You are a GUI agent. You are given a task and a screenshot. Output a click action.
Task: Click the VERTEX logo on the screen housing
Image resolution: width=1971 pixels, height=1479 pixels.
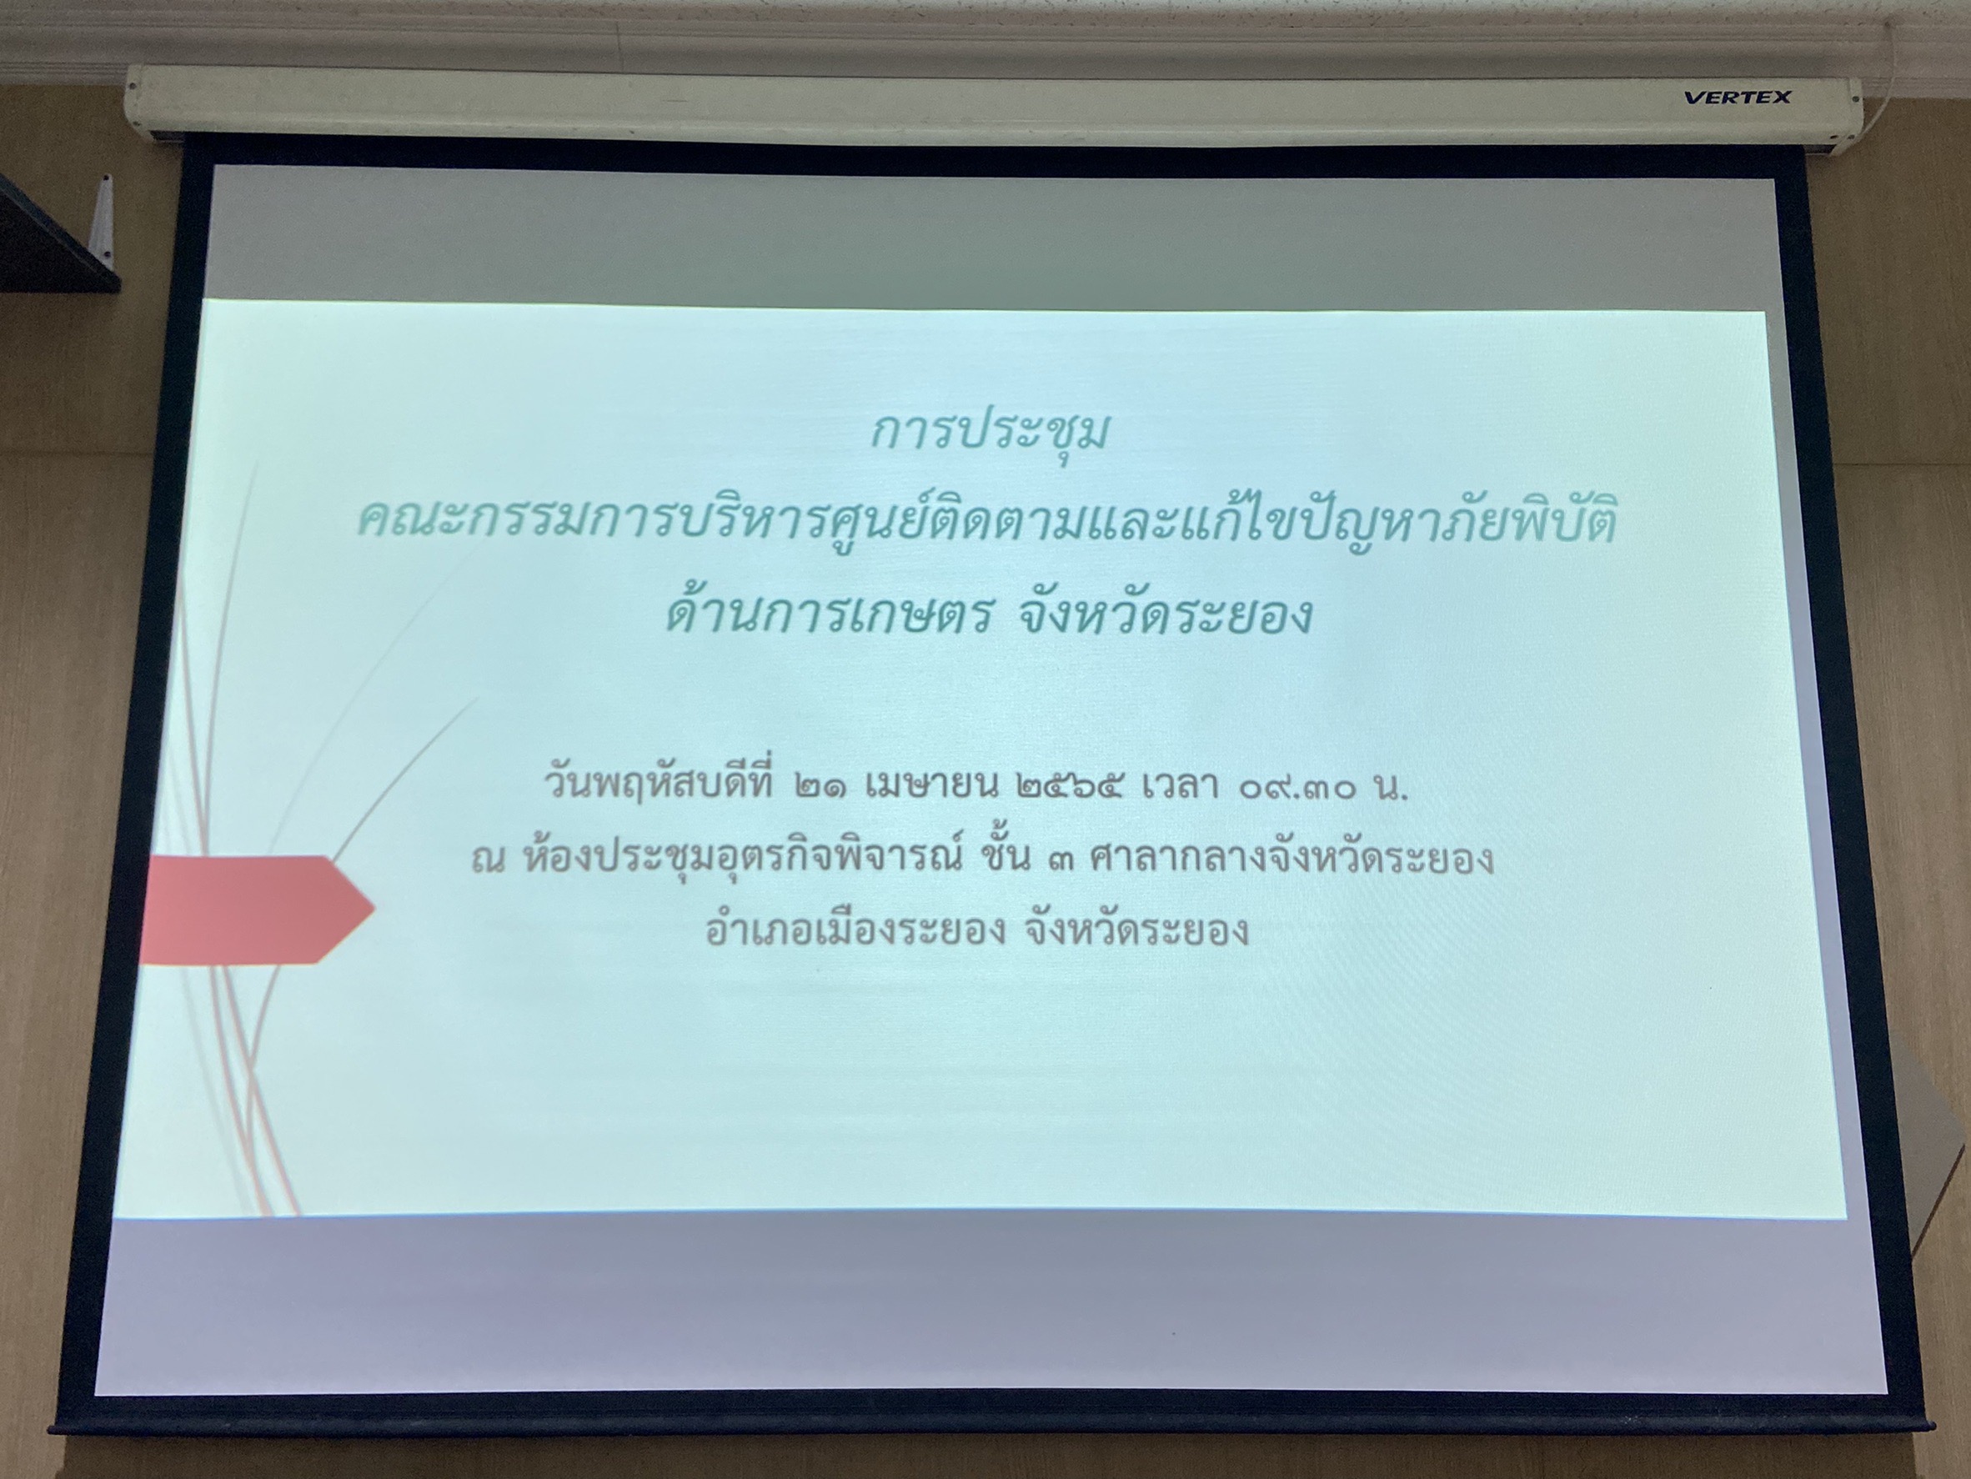click(1737, 97)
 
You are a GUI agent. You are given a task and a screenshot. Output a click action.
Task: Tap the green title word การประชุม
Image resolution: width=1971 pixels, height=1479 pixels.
click(989, 434)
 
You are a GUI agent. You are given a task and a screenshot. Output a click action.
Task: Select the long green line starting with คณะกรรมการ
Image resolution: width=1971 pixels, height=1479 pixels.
click(986, 522)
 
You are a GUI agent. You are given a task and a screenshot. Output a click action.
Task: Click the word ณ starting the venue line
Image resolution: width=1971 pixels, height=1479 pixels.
click(489, 860)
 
